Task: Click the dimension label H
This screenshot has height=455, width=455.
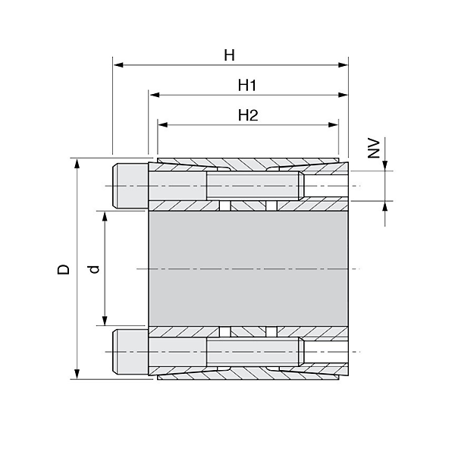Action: tap(229, 55)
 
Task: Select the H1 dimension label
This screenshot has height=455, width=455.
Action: tap(247, 86)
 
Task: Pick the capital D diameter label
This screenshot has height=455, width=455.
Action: tap(64, 269)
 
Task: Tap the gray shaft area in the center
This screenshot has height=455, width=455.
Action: tap(247, 269)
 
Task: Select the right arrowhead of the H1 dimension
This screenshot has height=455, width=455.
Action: tap(344, 96)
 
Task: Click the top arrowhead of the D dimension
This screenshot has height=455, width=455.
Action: tap(77, 164)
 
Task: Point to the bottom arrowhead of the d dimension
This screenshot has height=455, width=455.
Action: tap(104, 322)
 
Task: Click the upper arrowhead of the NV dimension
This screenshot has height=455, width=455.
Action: tap(385, 166)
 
